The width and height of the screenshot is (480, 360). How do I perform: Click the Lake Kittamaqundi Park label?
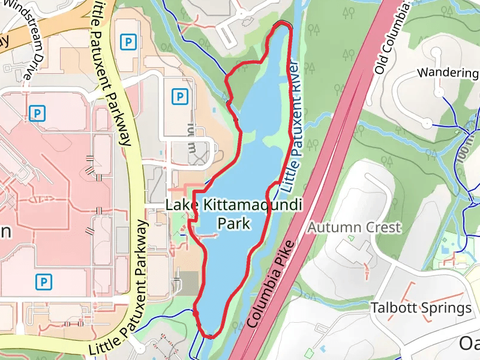coord(234,214)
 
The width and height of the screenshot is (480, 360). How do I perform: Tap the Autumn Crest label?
coord(354,227)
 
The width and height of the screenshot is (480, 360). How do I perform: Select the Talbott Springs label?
coord(421,308)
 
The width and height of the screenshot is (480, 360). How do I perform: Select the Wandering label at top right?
coord(448,73)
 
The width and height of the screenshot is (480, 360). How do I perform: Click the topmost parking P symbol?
coord(127,41)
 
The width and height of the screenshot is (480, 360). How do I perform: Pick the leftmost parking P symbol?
coord(37,112)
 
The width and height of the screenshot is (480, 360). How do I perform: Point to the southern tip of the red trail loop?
coord(211,336)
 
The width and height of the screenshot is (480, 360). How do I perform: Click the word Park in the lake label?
coord(234,224)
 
